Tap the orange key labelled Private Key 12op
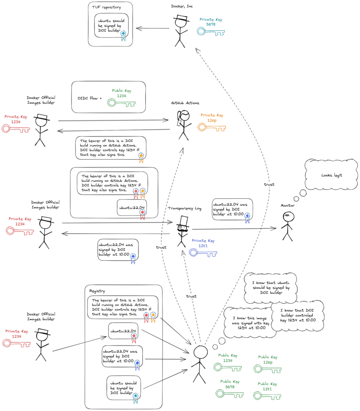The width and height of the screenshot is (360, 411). (212, 127)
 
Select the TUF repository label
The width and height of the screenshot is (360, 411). (106, 7)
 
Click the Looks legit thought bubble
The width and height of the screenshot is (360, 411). (331, 175)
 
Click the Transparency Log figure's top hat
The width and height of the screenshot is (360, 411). (183, 221)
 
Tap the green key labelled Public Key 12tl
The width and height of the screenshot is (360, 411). (267, 396)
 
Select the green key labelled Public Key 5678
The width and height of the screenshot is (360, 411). (229, 394)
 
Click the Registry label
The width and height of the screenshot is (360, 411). (97, 291)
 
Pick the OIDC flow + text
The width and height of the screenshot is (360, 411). (90, 98)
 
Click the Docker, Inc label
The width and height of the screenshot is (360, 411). (182, 6)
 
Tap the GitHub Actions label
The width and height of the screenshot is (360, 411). (185, 103)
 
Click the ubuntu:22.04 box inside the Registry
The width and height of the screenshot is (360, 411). (123, 331)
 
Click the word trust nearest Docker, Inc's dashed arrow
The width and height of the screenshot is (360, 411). (269, 184)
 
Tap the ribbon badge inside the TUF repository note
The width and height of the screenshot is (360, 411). (123, 35)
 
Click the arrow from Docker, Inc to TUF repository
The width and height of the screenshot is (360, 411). (153, 28)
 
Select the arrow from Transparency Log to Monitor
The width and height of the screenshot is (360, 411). (233, 229)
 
